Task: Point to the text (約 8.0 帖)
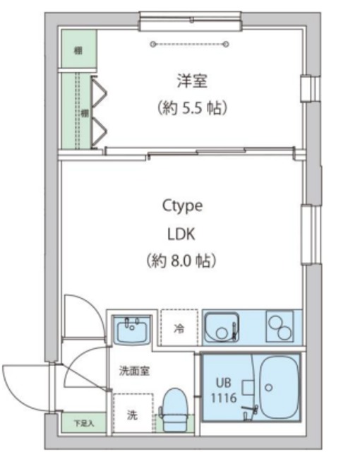(182, 260)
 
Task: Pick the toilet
(173, 408)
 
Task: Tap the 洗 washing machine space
(131, 414)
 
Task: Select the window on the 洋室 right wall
(307, 89)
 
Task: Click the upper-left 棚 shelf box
(78, 51)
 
